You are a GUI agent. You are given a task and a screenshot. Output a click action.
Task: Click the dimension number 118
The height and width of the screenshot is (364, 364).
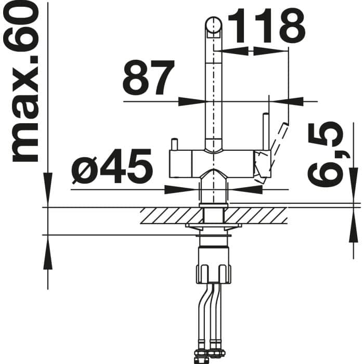pos(266,25)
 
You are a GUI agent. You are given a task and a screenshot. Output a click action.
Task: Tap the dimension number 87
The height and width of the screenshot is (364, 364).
pos(149,77)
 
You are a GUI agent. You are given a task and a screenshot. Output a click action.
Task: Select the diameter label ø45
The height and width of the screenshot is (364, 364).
pos(112,166)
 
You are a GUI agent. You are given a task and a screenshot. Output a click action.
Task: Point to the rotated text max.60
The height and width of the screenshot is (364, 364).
pos(21,83)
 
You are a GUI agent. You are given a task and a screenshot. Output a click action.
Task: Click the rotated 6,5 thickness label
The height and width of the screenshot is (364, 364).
pos(325,155)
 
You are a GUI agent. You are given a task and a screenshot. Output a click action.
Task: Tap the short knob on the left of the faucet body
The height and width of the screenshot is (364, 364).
pos(174,144)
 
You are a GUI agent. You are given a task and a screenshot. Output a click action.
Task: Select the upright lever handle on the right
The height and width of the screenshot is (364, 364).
pos(266,132)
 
